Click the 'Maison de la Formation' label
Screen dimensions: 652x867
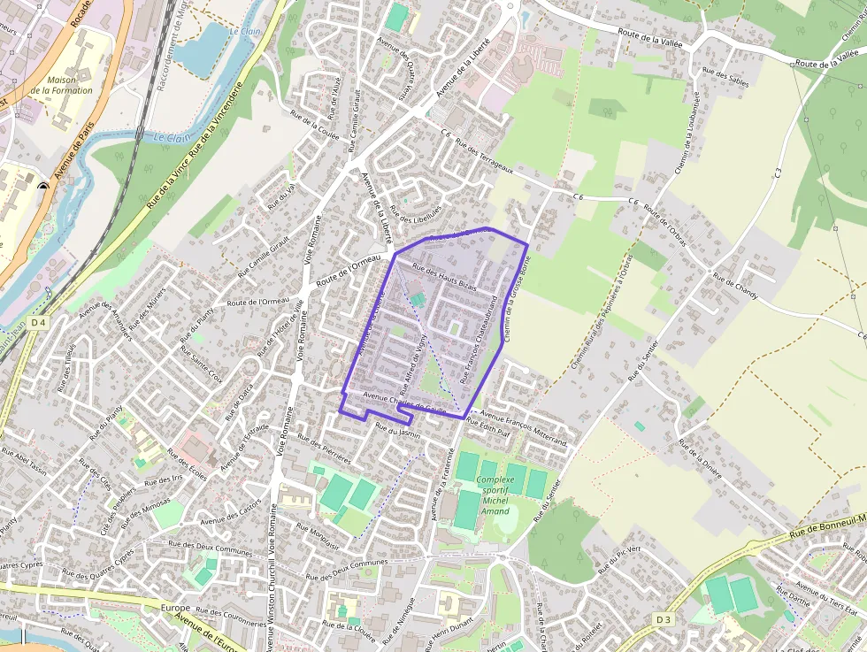click(61, 85)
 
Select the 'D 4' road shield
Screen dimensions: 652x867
click(36, 323)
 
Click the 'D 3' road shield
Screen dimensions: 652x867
click(664, 619)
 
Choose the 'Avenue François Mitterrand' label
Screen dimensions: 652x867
click(523, 427)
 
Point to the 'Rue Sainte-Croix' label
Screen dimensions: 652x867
click(202, 364)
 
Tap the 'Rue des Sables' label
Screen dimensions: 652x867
click(725, 78)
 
